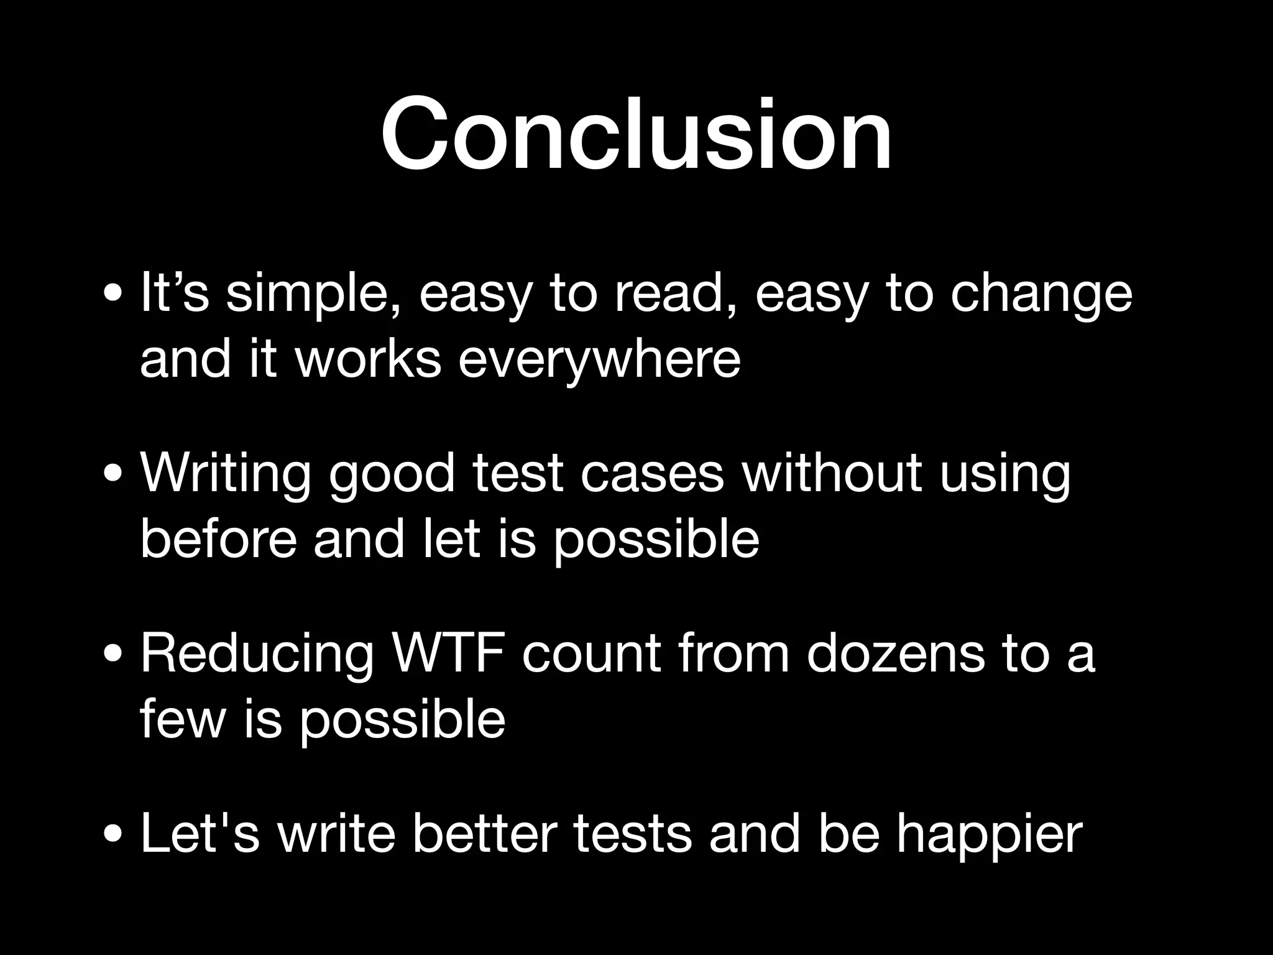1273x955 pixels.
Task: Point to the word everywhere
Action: (x=599, y=361)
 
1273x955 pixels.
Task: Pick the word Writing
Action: (x=225, y=476)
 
